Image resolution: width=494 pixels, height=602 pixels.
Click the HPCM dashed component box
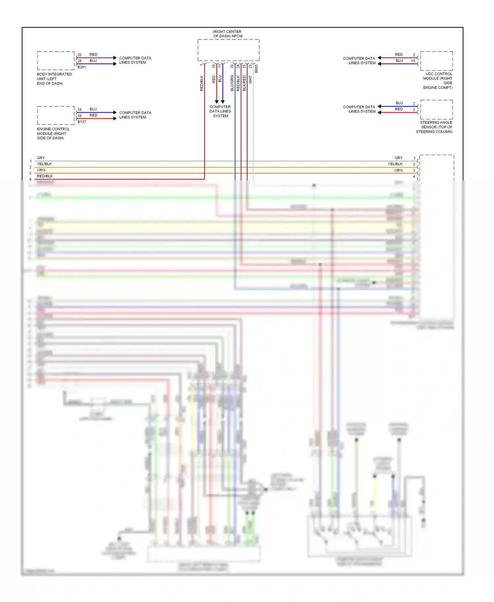[228, 50]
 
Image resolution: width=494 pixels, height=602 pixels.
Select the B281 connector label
[82, 67]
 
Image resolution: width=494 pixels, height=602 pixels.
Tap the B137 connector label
[82, 122]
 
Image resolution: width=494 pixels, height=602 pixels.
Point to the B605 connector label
[256, 68]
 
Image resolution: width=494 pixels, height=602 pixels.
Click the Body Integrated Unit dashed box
[56, 61]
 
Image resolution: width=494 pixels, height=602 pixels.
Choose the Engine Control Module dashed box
[56, 115]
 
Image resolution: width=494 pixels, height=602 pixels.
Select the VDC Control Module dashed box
[436, 61]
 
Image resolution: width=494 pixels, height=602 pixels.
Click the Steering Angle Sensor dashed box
[436, 110]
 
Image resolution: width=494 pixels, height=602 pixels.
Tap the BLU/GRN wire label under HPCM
[232, 83]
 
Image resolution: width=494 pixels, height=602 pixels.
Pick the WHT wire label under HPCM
[250, 80]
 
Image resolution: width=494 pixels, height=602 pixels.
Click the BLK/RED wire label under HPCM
[244, 83]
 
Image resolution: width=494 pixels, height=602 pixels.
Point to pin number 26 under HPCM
[232, 66]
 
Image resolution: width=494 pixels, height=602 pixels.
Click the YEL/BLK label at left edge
[44, 164]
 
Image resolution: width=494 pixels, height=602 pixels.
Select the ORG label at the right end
[398, 170]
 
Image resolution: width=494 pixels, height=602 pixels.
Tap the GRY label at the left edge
[41, 158]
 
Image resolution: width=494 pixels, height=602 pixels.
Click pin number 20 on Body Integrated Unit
[79, 55]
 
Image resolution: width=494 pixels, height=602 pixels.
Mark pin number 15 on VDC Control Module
[413, 61]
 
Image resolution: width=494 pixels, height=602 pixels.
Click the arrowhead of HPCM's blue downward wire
[223, 102]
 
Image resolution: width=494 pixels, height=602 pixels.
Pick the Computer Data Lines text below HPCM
[220, 111]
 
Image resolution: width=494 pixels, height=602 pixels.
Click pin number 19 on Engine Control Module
[79, 116]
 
